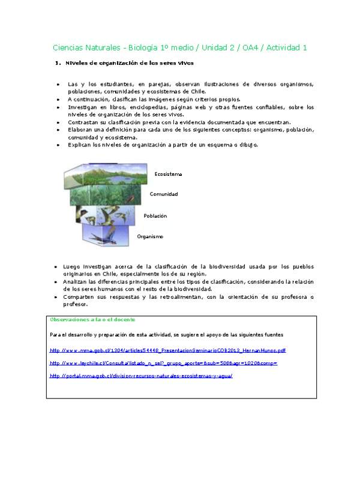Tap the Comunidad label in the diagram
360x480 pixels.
163,194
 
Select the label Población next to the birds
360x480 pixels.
155,215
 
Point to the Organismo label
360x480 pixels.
150,236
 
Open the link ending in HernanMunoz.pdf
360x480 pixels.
168,350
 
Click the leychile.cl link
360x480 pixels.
163,363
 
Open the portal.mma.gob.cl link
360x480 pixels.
141,376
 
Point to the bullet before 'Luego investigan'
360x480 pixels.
56,266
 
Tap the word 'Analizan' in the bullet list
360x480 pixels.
79,281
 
